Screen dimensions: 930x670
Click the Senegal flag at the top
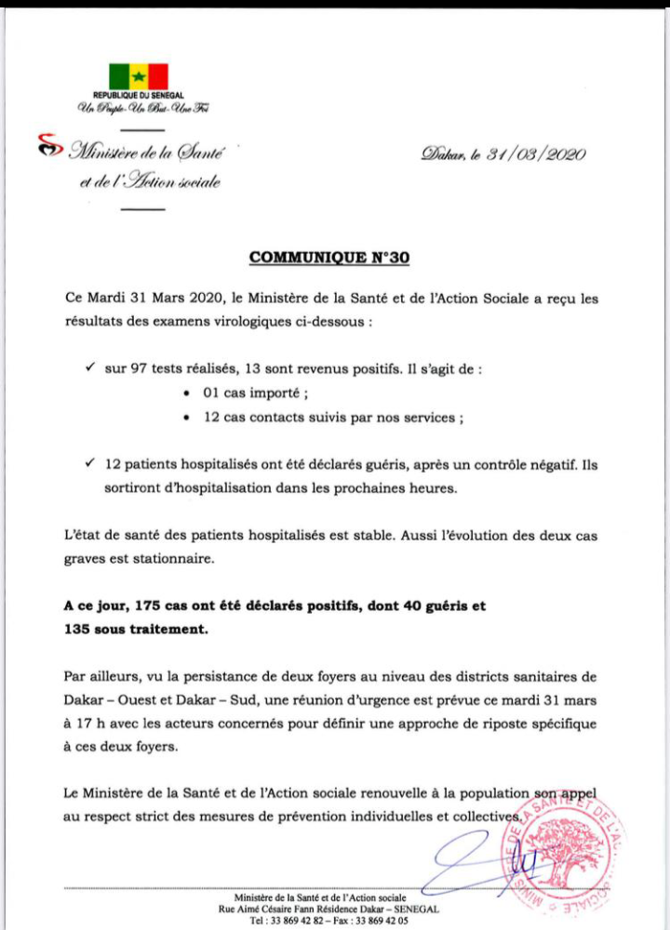coord(139,75)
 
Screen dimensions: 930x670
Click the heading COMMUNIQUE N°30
coord(329,259)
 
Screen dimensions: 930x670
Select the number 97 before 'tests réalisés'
coord(139,368)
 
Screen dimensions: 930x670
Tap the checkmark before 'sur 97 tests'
coord(89,367)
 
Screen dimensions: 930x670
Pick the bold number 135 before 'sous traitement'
coord(79,630)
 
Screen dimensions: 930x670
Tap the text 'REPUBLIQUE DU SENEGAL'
coord(139,96)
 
